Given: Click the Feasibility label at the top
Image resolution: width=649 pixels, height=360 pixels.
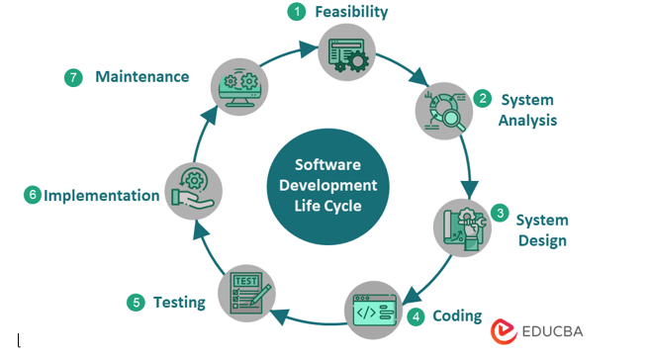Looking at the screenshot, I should [x=351, y=12].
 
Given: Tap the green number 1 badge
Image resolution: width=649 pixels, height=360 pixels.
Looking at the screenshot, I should [x=296, y=12].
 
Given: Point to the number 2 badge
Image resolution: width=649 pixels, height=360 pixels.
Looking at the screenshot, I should [x=482, y=99].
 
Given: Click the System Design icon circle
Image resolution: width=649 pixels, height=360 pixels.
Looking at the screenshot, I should [x=461, y=229].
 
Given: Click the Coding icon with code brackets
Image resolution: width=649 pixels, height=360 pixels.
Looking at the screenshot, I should [x=372, y=310].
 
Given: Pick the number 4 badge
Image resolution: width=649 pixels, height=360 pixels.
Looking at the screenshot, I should [x=417, y=317].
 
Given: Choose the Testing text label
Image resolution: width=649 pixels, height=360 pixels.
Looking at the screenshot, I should [x=179, y=302].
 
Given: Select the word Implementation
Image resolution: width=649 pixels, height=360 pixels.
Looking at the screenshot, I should [x=101, y=195].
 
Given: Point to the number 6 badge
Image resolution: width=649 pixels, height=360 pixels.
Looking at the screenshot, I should [x=33, y=195].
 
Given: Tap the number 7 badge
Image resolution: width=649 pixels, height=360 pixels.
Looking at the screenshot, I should [x=73, y=76].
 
